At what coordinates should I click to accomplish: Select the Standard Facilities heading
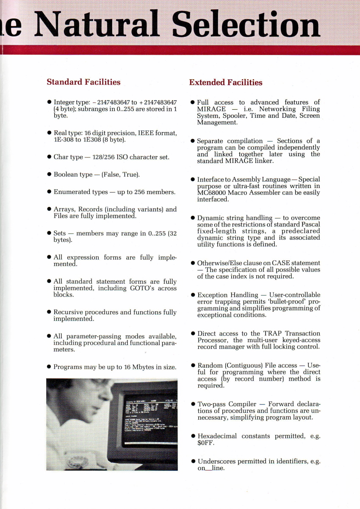pos(83,82)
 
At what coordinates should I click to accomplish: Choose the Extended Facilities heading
pos(226,83)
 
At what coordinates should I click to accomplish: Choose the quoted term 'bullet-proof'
pos(280,302)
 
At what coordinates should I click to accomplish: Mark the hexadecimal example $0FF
pos(206,443)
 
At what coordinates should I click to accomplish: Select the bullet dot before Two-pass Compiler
pos(193,404)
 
